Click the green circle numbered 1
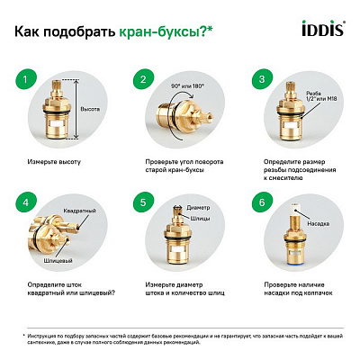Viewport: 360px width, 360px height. coord(30,82)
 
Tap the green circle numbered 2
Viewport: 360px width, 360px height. coord(141,82)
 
